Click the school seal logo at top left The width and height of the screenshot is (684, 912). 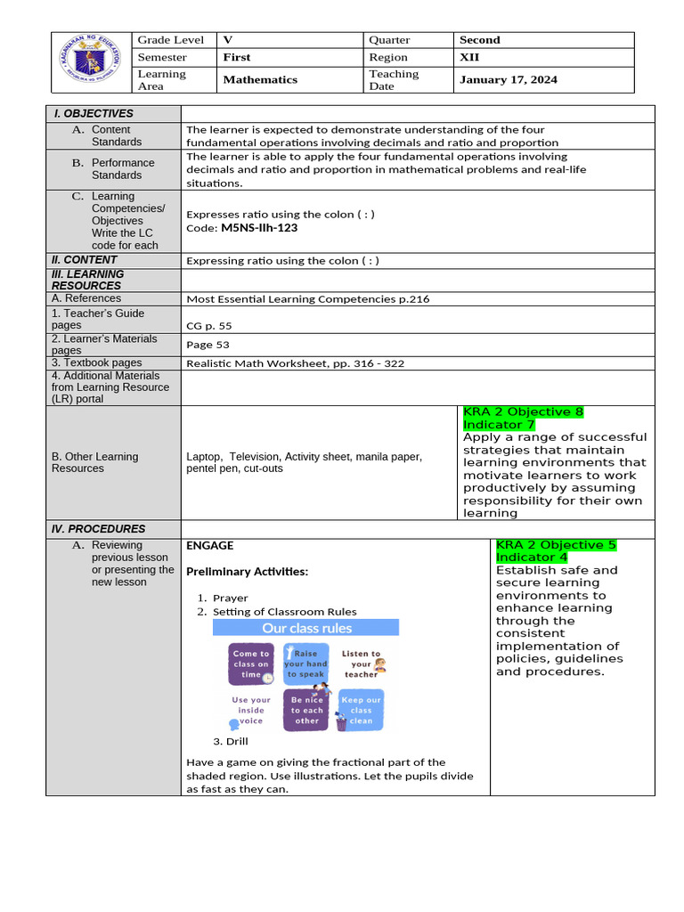88,62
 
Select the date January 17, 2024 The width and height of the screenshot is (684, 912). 508,79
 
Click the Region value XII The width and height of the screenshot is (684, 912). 469,57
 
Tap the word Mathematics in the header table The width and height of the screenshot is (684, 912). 260,79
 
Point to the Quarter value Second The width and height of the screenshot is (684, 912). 479,40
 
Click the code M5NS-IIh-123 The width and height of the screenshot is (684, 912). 259,228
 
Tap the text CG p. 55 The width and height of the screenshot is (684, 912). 208,326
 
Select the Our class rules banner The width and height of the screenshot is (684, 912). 306,628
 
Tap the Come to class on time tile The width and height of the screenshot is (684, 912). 251,664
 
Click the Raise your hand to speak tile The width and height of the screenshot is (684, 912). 305,664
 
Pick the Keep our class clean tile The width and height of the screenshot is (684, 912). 361,710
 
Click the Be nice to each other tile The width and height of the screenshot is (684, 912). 306,710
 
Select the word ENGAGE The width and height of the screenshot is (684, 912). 209,545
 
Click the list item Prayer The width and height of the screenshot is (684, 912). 230,598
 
